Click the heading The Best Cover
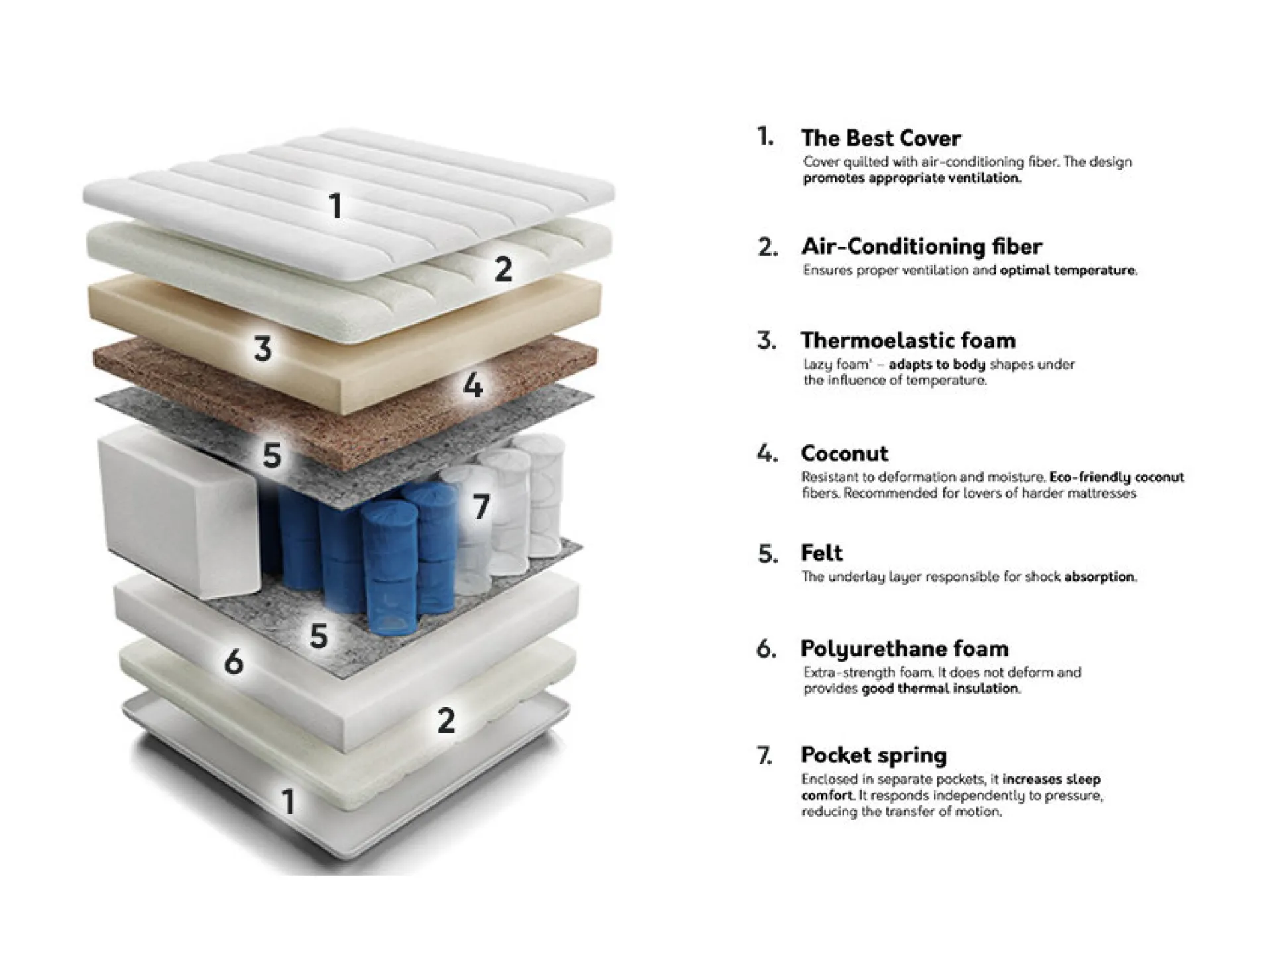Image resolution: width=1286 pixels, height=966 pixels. (881, 138)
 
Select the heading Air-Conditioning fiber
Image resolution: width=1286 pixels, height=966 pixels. (922, 247)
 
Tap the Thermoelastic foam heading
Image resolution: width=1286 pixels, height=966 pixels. (908, 341)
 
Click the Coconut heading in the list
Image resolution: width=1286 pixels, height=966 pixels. (844, 453)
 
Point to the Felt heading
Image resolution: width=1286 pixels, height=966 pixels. (821, 553)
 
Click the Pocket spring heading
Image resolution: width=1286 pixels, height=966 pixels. (874, 755)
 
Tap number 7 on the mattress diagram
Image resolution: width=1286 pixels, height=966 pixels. (482, 507)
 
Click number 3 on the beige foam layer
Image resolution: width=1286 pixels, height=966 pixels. (263, 349)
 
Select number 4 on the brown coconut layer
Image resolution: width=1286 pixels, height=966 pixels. (473, 385)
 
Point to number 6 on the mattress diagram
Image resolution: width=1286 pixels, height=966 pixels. (233, 662)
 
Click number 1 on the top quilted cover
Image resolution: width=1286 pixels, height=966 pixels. (336, 206)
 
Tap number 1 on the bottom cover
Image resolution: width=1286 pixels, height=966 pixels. (288, 802)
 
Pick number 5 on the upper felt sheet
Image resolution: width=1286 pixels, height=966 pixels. (272, 455)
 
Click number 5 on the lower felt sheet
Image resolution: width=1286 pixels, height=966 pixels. (319, 636)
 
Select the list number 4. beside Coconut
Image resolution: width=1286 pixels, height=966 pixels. (767, 454)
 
